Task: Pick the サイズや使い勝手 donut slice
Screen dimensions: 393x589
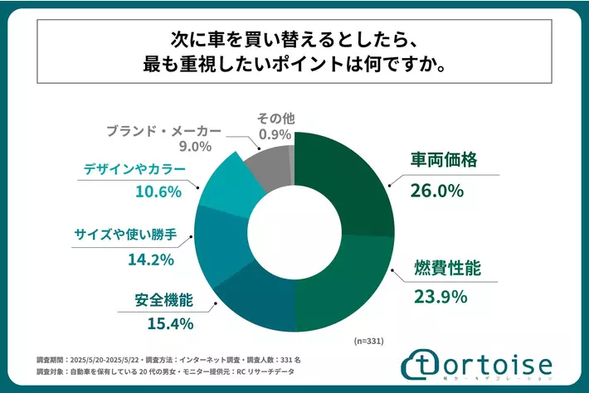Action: (217, 245)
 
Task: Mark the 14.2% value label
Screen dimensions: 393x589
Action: (149, 260)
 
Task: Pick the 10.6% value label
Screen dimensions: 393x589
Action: (154, 193)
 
